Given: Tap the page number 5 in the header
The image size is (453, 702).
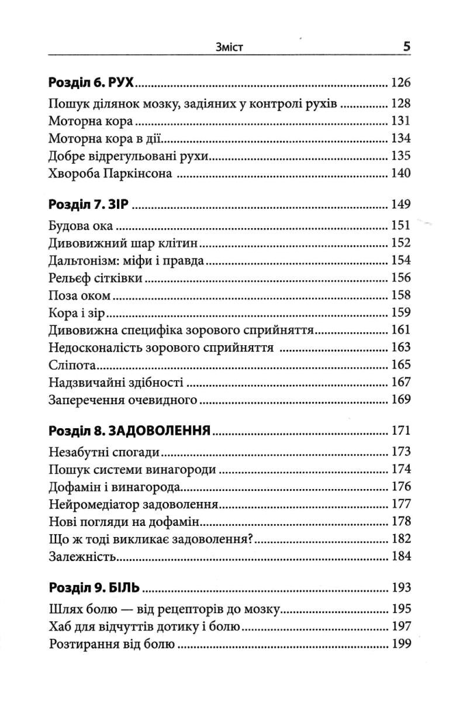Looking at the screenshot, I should [406, 46].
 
